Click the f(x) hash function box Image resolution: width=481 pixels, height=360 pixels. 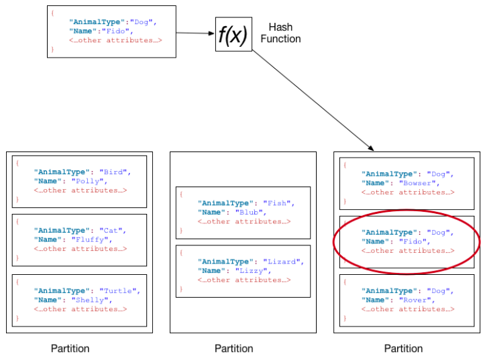coord(233,34)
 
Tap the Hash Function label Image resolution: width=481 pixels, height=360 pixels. coord(280,33)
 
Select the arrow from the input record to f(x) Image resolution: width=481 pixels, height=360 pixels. coord(195,33)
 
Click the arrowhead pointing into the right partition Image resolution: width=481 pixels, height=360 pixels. coord(371,148)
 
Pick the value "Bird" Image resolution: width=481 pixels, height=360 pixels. coord(113,172)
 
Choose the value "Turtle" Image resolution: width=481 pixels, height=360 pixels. coord(117,291)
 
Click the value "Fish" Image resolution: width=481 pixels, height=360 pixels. coord(276,203)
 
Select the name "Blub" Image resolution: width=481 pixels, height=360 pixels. coord(249,213)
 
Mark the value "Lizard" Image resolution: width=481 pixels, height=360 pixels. coord(281,261)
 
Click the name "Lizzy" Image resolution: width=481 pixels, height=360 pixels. coord(252,271)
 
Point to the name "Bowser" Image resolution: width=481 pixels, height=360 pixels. coord(417,183)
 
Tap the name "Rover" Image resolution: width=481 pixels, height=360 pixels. coord(415,300)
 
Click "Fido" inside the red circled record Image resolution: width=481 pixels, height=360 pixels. coord(413,241)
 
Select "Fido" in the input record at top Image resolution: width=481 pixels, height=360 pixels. coord(115,31)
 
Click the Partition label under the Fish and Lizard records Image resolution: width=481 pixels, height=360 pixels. coord(233,349)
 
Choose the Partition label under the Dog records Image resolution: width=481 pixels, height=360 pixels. coord(403,349)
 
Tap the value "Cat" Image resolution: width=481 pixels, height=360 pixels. coord(111,231)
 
